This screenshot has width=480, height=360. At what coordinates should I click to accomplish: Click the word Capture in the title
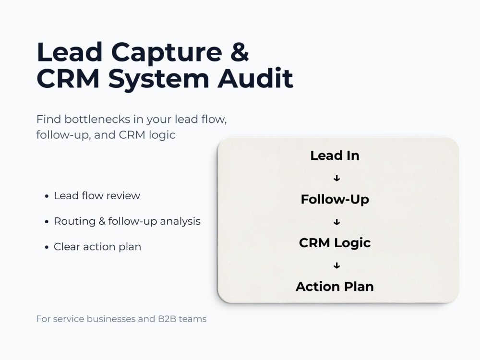coord(166,53)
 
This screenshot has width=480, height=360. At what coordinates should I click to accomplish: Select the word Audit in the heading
coord(255,78)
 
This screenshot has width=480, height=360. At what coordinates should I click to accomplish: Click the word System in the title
coord(158,80)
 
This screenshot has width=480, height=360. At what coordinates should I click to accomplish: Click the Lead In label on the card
coord(335,156)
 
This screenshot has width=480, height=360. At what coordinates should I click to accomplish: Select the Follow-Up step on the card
coord(335,200)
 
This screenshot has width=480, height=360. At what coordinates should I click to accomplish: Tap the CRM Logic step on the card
coord(335,243)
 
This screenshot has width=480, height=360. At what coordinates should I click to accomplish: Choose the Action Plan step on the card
coord(335,287)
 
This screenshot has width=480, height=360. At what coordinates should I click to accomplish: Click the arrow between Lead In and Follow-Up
coord(337,178)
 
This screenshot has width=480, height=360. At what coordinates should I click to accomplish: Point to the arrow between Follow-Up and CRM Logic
coord(337,222)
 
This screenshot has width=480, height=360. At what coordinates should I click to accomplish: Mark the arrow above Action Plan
coord(337,265)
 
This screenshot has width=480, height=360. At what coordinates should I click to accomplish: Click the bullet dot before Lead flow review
coord(47,196)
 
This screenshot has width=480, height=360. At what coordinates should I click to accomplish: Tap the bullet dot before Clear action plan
coord(47,247)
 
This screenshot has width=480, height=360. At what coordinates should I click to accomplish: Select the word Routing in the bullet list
coord(75,221)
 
